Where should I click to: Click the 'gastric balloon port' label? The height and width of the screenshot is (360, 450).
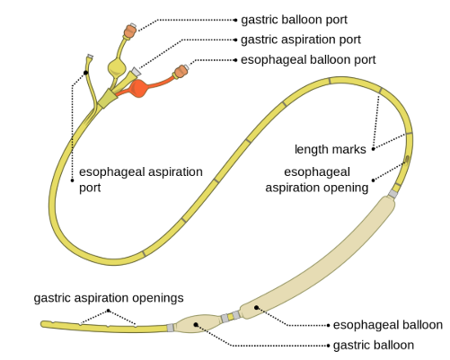294,20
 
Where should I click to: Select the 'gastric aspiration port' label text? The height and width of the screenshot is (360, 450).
301,40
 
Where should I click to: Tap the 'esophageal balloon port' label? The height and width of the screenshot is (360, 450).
308,60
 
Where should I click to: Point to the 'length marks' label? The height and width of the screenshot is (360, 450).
331,149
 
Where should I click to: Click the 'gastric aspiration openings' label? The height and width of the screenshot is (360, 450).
109,298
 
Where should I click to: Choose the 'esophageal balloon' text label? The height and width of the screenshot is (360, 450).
388,325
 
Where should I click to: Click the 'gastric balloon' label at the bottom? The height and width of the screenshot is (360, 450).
374,346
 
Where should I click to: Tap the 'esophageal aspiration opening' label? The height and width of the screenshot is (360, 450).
317,180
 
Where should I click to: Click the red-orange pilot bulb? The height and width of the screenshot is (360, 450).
138,88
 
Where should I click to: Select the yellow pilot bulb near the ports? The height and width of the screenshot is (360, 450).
116,68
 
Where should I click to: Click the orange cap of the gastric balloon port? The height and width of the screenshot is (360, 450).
130,31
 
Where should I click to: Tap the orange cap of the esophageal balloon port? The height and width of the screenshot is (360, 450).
181,72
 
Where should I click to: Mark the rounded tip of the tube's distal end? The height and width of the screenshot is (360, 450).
43,324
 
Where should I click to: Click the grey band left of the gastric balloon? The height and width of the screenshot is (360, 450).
171,328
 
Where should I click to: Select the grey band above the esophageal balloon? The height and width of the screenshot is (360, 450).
393,194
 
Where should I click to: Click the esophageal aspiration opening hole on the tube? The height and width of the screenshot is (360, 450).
407,159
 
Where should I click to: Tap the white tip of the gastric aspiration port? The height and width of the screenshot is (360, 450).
137,72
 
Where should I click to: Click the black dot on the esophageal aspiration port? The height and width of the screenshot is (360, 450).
86,73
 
